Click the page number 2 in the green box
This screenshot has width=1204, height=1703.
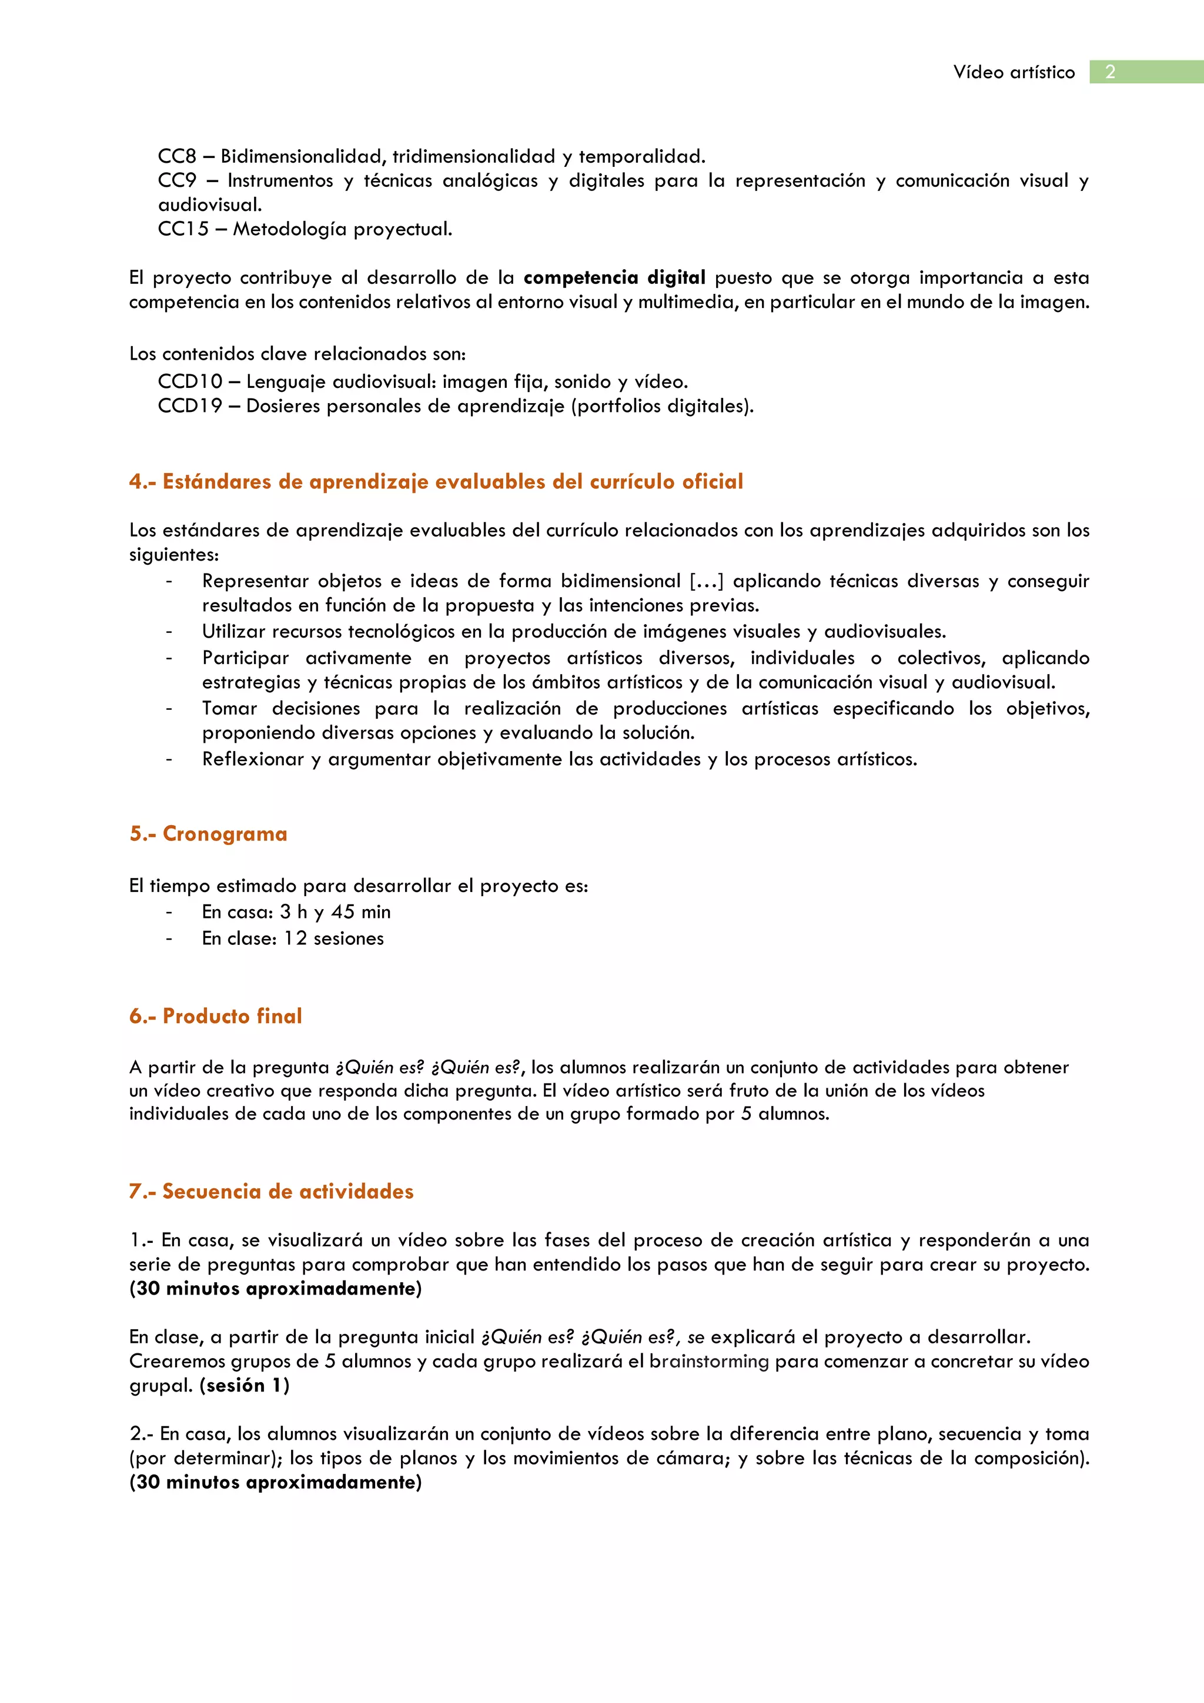pyautogui.click(x=1110, y=72)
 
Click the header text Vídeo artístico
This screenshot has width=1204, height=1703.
pyautogui.click(x=1014, y=72)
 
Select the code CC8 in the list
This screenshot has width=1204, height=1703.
pyautogui.click(x=176, y=156)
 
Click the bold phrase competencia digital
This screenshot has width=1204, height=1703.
pyautogui.click(x=614, y=277)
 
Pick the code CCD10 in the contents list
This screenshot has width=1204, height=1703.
pyautogui.click(x=190, y=381)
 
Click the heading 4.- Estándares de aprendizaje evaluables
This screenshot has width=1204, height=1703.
pyautogui.click(x=436, y=481)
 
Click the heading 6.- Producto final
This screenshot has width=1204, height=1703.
pyautogui.click(x=215, y=1015)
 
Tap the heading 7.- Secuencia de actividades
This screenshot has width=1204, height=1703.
pyautogui.click(x=271, y=1191)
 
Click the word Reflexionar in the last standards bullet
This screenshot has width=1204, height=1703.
pyautogui.click(x=253, y=759)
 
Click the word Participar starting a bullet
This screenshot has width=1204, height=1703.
pyautogui.click(x=246, y=658)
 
